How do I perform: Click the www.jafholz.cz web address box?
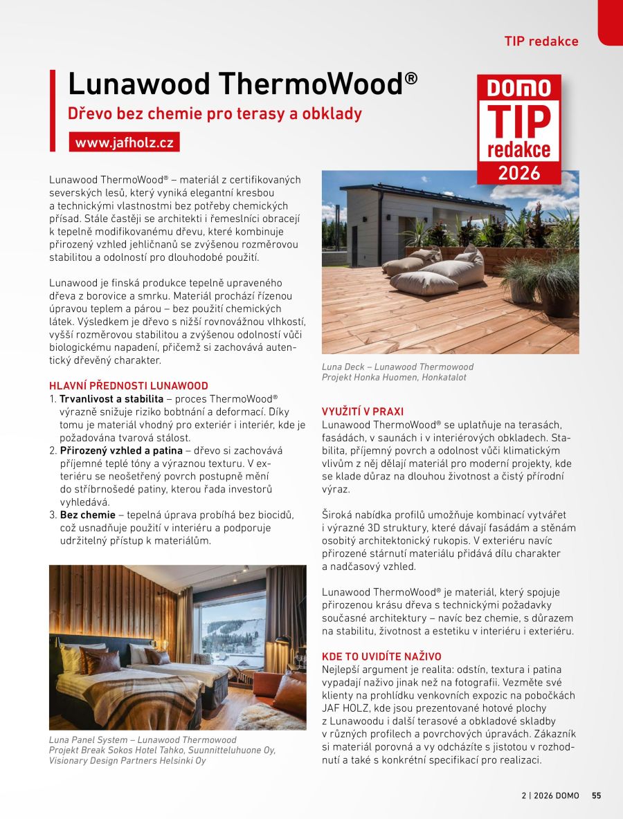click(125, 142)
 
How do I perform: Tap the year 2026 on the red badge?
click(519, 172)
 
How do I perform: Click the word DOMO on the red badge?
click(519, 88)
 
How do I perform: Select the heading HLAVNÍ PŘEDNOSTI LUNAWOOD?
click(128, 386)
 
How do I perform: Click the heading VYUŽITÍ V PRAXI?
click(363, 412)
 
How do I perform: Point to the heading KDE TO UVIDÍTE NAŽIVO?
click(381, 656)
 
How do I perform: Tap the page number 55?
click(597, 795)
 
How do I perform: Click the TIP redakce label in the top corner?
click(541, 42)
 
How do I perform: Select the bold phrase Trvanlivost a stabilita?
click(111, 399)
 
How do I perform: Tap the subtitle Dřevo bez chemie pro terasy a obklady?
click(215, 113)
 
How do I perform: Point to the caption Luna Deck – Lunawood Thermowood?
click(397, 367)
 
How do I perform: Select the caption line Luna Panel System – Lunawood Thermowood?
click(142, 740)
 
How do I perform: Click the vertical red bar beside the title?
click(53, 111)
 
